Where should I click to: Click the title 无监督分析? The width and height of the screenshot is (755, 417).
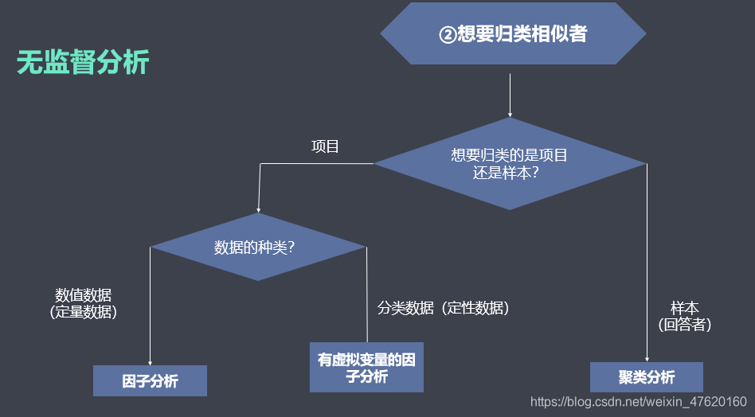tap(83, 63)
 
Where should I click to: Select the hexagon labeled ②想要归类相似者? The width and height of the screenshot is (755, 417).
tap(513, 35)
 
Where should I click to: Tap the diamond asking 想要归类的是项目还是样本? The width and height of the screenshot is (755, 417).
tap(510, 164)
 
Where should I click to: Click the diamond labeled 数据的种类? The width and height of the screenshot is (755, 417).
tap(258, 247)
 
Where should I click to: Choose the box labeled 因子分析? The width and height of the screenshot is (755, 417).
tap(150, 381)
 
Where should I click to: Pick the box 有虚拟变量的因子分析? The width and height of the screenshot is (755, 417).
tap(366, 368)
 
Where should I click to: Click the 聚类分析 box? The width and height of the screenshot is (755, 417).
tap(646, 377)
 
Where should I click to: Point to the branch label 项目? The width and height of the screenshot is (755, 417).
tap(324, 146)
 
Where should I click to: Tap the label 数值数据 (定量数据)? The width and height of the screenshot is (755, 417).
tap(83, 303)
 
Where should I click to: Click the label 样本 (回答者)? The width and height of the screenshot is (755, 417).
tap(685, 316)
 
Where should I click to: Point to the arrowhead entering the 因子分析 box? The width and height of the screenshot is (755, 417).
tap(150, 360)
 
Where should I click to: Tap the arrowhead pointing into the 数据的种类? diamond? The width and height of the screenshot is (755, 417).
tap(260, 208)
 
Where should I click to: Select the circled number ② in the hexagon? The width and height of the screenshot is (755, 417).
tap(448, 35)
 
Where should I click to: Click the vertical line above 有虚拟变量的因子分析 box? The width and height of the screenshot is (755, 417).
tap(366, 294)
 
